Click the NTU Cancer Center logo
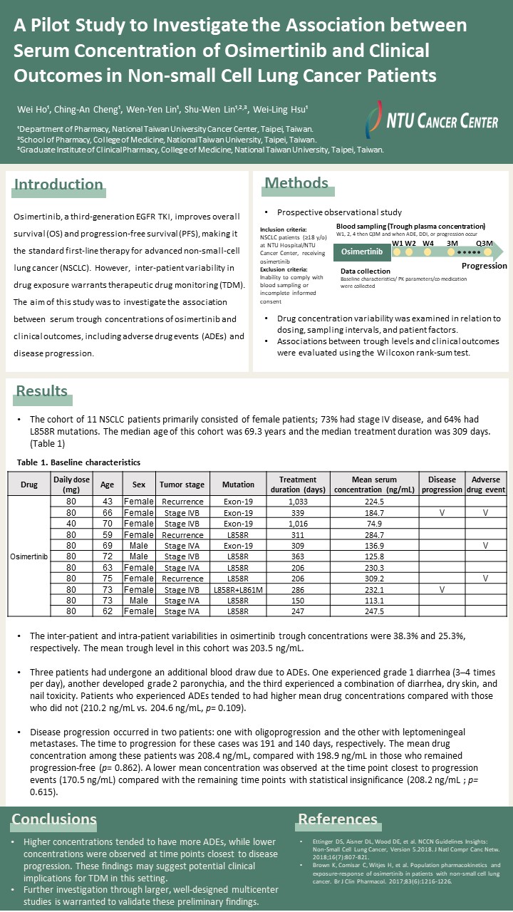430,119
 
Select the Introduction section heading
59,185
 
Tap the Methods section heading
296,183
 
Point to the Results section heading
42,391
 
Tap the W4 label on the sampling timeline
428,242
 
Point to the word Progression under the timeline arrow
484,266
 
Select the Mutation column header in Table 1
238,484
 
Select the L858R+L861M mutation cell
238,591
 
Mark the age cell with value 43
107,501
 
